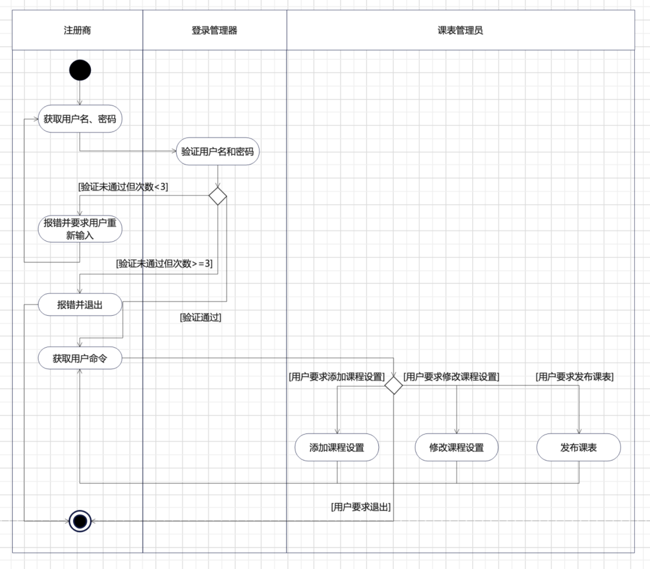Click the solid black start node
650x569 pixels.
click(x=80, y=70)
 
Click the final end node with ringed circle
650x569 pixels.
click(x=80, y=521)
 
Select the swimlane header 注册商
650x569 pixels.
click(x=77, y=30)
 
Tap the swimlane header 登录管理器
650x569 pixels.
click(x=214, y=30)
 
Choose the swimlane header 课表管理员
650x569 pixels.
click(x=460, y=30)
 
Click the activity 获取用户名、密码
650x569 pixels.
click(x=80, y=119)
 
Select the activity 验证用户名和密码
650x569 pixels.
click(x=217, y=151)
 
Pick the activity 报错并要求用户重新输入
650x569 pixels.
click(x=80, y=229)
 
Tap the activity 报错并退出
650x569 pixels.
click(x=80, y=305)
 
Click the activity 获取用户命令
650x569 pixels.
click(x=80, y=358)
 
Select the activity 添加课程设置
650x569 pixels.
click(x=337, y=447)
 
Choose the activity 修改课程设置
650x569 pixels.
click(x=457, y=447)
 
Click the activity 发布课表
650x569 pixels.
click(x=578, y=447)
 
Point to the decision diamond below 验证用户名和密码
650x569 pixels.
click(x=217, y=196)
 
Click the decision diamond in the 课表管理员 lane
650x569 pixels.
click(x=393, y=385)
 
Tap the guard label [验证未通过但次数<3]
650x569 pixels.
click(x=123, y=187)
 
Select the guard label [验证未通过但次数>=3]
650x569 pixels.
click(x=164, y=263)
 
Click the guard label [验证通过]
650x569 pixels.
click(x=200, y=317)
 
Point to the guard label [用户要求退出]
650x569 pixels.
click(x=361, y=507)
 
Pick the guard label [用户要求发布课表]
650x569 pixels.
click(x=574, y=377)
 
